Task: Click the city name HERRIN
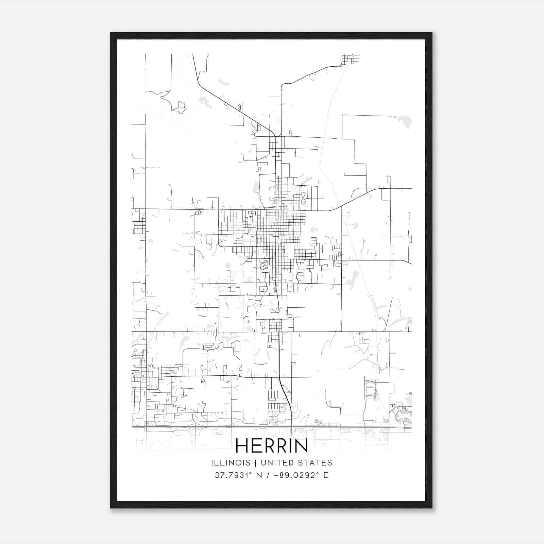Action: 271,445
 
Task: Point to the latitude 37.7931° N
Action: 238,475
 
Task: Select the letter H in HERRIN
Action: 242,445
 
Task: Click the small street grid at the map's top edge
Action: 350,59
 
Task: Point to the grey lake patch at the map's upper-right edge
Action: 404,121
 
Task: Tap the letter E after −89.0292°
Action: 326,475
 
